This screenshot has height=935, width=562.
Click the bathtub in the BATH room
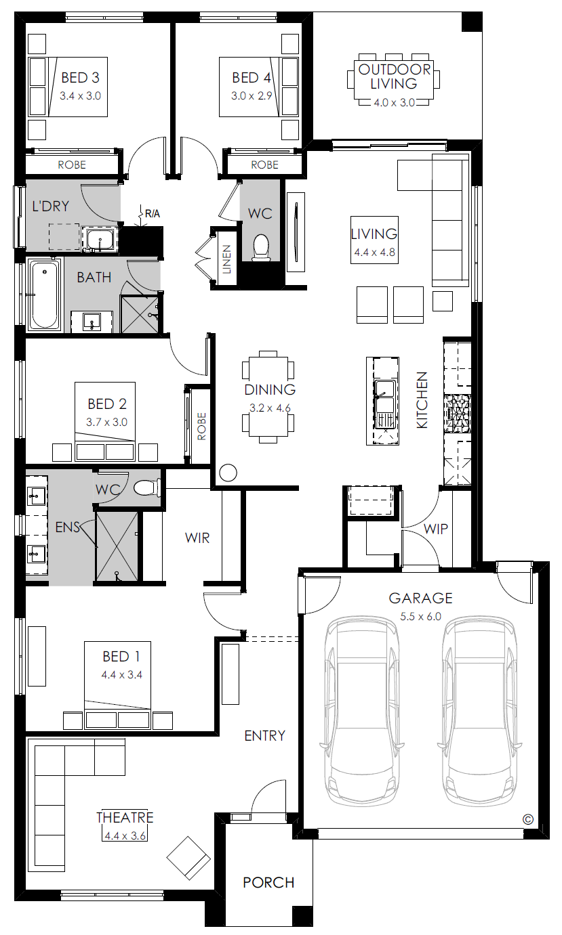(45, 295)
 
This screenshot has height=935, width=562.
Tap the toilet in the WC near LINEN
(260, 248)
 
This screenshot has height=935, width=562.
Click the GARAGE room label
(420, 598)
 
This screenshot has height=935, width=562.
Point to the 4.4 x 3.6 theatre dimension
(125, 836)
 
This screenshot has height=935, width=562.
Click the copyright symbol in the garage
(527, 820)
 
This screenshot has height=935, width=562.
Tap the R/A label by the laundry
(152, 214)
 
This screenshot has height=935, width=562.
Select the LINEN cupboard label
(226, 259)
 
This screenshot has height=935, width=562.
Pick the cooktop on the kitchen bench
(457, 414)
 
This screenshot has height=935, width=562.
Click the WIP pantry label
(435, 529)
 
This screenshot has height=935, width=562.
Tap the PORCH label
(268, 882)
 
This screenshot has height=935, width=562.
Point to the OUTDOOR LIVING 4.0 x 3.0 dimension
(394, 103)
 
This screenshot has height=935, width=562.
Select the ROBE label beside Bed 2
(202, 426)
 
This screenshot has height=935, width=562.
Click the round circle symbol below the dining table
(228, 473)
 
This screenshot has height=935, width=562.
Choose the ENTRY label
(264, 735)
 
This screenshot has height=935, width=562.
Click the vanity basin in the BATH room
(92, 322)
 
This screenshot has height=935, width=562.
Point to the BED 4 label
(252, 78)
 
